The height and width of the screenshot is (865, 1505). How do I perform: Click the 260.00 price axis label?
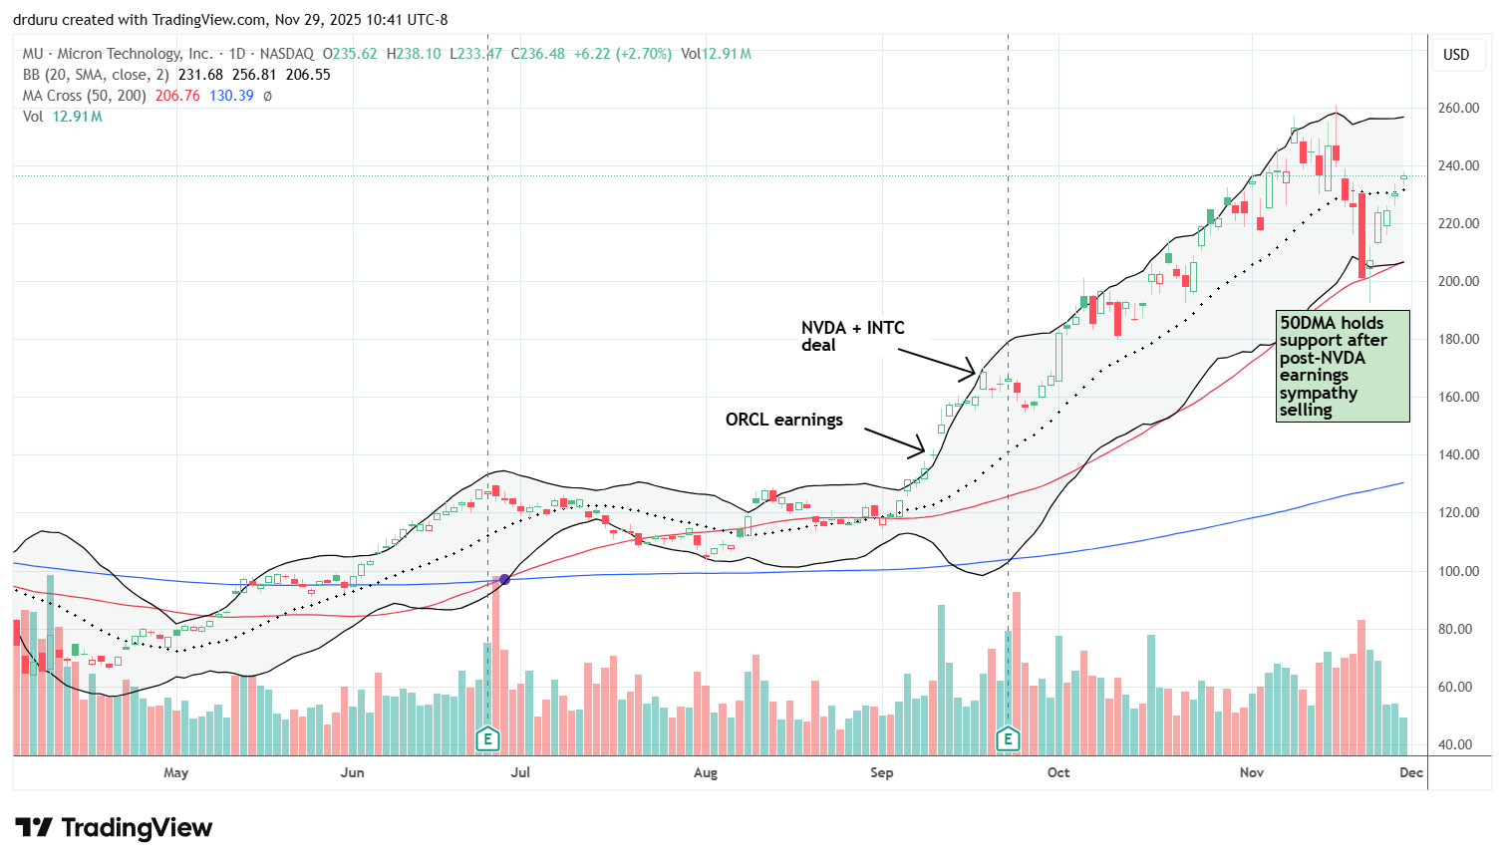[x=1457, y=108]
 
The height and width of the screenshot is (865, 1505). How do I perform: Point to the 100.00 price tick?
[x=1457, y=571]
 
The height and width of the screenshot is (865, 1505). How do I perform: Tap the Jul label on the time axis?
[x=519, y=772]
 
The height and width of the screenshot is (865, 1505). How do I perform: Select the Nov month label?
[x=1252, y=772]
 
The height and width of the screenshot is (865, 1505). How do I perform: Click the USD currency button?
[x=1456, y=54]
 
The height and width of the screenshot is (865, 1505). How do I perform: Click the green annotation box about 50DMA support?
[x=1343, y=366]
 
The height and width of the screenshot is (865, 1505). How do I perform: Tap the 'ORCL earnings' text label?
[x=783, y=420]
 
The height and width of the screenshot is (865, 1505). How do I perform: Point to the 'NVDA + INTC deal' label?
[x=852, y=336]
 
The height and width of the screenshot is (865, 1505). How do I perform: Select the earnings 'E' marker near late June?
[x=487, y=738]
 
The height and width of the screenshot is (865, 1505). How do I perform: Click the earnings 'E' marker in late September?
[x=1008, y=738]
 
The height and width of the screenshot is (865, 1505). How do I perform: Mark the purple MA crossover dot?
[x=504, y=579]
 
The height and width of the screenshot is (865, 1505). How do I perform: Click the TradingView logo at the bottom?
[x=114, y=828]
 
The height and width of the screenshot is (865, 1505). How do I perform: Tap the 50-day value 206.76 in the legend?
[x=177, y=96]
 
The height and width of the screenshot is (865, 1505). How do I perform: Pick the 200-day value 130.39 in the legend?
[x=231, y=96]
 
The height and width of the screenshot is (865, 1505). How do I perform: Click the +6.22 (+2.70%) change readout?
[x=622, y=54]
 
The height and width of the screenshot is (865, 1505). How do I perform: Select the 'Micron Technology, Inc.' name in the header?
[x=135, y=54]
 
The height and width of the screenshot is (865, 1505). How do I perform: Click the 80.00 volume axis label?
[x=1457, y=629]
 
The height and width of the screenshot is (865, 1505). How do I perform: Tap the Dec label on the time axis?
[x=1410, y=772]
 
